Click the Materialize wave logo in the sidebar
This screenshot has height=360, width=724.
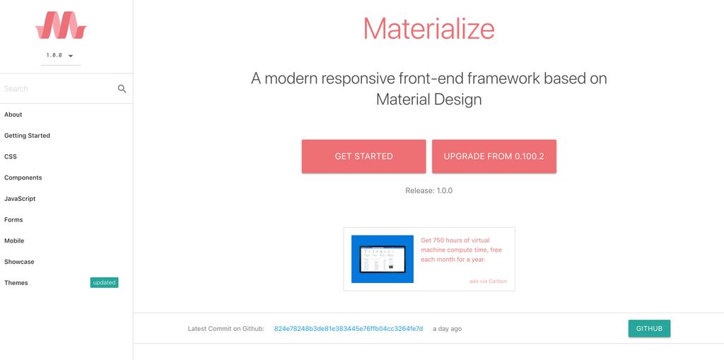[61, 25]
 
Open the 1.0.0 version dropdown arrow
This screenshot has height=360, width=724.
[71, 55]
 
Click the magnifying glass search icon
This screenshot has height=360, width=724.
[122, 88]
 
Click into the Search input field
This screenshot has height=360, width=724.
[57, 88]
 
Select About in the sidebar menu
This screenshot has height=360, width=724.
[13, 115]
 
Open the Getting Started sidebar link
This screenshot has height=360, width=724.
[28, 136]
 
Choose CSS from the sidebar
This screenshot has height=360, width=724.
[11, 156]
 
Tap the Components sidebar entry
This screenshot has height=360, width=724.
[23, 178]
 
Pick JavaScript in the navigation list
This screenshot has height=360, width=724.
[20, 199]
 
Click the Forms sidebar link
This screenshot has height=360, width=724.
[13, 220]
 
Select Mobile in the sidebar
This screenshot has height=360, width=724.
[14, 240]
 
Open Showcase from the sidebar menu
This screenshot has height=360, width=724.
[19, 262]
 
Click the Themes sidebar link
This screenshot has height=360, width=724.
[16, 283]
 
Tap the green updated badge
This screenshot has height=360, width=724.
[104, 283]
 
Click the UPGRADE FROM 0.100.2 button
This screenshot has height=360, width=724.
[494, 156]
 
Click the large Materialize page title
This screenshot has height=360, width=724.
[428, 29]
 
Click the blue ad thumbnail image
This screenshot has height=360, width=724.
[383, 259]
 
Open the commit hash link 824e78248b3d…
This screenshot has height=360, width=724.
[349, 329]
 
